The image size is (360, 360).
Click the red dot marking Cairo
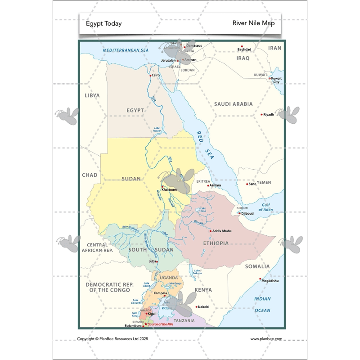[x=151, y=75]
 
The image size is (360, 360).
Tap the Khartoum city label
[x=169, y=190]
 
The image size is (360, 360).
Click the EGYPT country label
[x=135, y=110]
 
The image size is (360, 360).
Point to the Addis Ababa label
[x=222, y=231]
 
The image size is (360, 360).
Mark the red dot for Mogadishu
[x=260, y=279]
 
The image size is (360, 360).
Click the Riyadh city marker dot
[x=261, y=115]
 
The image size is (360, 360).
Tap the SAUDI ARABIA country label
[x=233, y=104]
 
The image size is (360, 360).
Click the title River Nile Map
[x=253, y=23]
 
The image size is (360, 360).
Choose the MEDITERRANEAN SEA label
[x=126, y=50]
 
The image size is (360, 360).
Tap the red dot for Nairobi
[x=197, y=307]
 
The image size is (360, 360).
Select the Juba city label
[x=153, y=261]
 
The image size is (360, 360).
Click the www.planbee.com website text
[x=266, y=339]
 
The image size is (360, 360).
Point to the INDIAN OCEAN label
[x=262, y=304]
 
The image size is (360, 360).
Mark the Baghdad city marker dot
[x=242, y=46]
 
